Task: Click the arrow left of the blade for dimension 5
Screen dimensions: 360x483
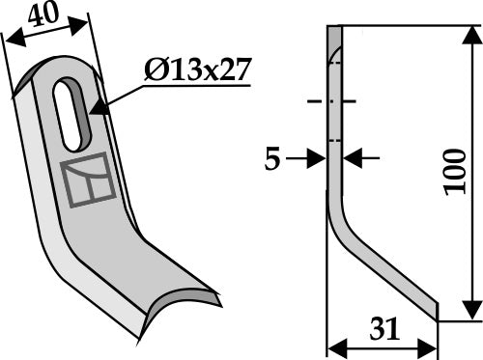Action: point(320,158)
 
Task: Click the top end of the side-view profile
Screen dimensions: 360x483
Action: point(334,29)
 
